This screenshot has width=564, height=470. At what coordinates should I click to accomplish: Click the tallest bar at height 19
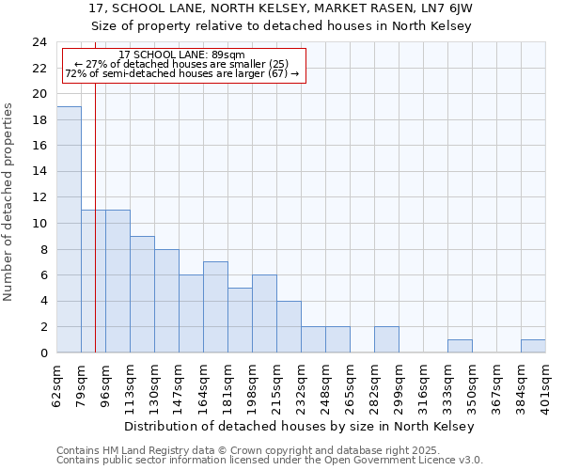[69, 229]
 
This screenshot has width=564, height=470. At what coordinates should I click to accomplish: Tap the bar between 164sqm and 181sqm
[215, 307]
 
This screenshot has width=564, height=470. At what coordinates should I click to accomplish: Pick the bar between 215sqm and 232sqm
[289, 326]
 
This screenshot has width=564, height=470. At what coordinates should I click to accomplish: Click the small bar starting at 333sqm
[460, 346]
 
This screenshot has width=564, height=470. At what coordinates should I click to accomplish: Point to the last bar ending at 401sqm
[533, 346]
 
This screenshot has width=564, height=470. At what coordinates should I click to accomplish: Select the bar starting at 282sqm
[386, 339]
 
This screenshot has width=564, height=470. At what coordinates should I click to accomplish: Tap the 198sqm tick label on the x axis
[253, 384]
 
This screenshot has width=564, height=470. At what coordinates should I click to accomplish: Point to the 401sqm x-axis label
[546, 384]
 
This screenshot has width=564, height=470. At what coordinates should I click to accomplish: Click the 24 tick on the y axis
[39, 42]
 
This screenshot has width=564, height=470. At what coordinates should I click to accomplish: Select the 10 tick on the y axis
[39, 224]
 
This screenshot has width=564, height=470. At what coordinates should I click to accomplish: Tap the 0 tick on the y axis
[43, 352]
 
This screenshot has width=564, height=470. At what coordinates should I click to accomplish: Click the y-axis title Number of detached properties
[10, 202]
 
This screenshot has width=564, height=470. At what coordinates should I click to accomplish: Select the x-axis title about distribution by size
[300, 426]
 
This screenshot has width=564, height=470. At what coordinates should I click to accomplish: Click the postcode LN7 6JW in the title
[446, 8]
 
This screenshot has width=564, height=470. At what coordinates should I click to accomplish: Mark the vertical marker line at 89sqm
[95, 235]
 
